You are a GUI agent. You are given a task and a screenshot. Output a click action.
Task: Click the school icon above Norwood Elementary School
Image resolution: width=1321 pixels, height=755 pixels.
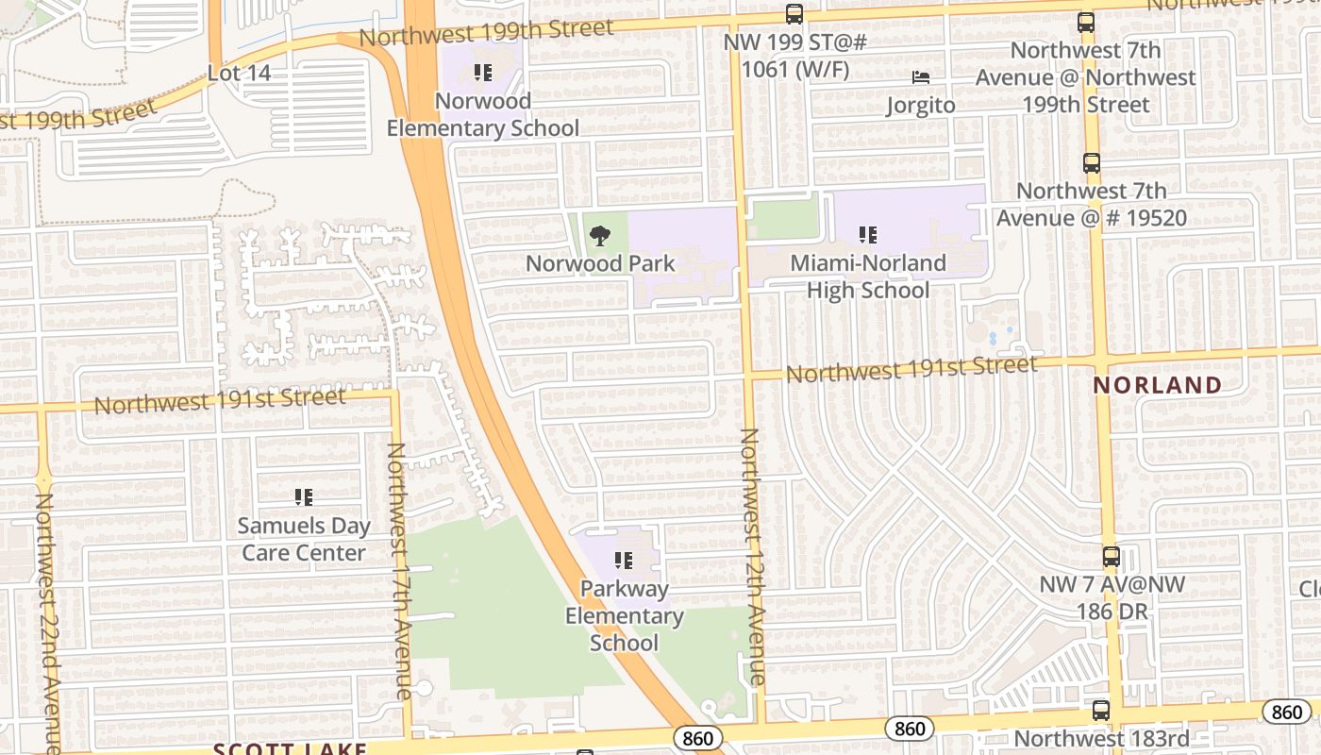coord(483,73)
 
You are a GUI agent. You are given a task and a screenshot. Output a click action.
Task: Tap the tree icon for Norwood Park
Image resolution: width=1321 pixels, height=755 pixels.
coord(599,236)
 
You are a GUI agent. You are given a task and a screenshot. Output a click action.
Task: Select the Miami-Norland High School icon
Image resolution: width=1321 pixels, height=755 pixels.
coord(868,235)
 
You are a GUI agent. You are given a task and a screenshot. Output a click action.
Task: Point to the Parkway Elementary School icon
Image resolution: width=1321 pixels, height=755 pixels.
coord(623,562)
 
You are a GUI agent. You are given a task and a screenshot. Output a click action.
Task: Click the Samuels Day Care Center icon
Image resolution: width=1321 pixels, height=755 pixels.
coord(303,496)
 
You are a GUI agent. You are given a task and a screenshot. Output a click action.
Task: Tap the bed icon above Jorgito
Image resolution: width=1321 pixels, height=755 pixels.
coord(920,77)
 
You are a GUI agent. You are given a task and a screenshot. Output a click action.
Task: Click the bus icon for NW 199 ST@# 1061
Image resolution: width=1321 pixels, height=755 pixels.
coord(794,14)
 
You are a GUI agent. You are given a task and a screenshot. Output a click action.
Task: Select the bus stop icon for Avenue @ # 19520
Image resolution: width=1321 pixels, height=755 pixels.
coord(1092,163)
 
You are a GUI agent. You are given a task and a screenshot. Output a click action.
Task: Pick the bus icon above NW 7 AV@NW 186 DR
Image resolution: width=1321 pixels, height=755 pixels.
coord(1112,557)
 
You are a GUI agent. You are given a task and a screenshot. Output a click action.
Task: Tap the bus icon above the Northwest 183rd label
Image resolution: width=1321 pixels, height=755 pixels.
coord(1100,711)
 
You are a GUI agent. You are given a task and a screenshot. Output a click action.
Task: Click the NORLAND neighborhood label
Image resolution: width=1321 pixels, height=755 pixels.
coord(1158,385)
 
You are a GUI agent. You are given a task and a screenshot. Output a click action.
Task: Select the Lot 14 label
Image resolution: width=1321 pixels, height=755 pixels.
coord(239,73)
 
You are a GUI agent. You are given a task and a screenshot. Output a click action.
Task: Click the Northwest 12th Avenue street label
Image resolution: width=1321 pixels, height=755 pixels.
coord(751,557)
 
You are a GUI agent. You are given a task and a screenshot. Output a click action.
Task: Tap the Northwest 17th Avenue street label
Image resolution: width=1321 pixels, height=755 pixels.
coord(398,571)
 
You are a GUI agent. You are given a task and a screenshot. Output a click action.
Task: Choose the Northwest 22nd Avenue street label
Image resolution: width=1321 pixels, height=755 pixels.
coord(47,623)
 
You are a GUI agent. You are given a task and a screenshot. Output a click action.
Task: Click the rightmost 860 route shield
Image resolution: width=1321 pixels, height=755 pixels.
coord(1286,713)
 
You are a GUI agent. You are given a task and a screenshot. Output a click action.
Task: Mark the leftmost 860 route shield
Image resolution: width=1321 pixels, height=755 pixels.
coord(698,738)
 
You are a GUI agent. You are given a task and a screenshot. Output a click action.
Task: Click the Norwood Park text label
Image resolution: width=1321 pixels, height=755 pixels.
coord(600,263)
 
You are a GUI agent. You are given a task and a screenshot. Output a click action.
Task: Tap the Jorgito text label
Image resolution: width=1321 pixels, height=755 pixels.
coord(920,105)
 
